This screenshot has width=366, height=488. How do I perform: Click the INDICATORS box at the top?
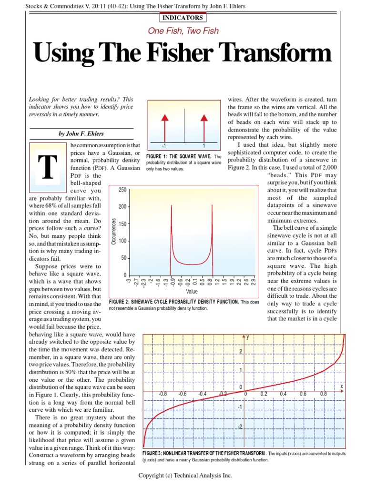click(x=183, y=18)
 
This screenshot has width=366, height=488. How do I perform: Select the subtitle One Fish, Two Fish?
click(x=183, y=30)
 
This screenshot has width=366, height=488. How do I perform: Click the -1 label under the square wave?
click(x=164, y=146)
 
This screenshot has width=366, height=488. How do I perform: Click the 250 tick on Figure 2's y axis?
click(x=121, y=190)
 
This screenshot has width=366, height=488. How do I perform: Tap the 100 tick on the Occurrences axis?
click(x=121, y=241)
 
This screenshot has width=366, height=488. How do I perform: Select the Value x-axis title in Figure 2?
click(x=192, y=291)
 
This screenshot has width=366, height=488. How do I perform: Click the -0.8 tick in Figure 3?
click(x=162, y=394)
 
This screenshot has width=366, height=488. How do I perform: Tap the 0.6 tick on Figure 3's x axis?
click(x=303, y=394)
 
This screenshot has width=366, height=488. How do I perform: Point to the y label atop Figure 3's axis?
click(x=248, y=337)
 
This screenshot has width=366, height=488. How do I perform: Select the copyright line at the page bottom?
click(x=185, y=475)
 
